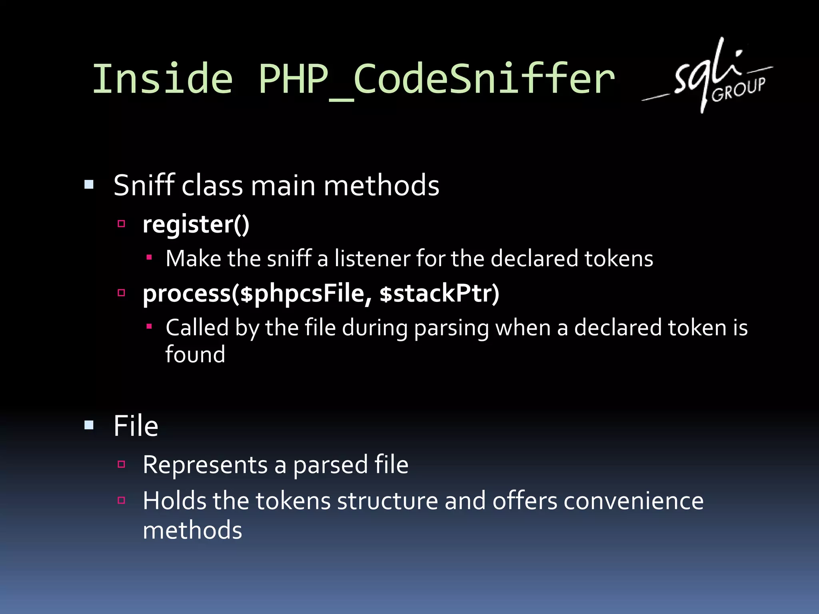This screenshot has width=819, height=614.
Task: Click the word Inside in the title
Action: coord(162,79)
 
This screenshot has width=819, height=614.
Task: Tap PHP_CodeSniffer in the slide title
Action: coord(436,79)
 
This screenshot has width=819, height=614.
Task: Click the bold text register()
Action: coord(196,225)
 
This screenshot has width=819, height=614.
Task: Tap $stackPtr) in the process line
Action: coord(439,294)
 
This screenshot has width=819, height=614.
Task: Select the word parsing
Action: coord(451,329)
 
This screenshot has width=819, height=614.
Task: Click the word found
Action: coord(195,355)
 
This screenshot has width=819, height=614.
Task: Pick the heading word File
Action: coord(136,426)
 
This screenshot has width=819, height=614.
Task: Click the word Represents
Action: coord(205,465)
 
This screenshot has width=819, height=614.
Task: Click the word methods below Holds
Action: coord(192,530)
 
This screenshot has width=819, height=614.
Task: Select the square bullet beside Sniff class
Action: coord(89,185)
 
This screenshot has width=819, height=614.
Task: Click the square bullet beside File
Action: coord(89,425)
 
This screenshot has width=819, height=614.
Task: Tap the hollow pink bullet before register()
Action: coord(122,223)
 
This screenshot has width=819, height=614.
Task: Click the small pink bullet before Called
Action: coord(149,327)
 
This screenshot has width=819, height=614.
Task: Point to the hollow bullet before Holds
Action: coord(122,500)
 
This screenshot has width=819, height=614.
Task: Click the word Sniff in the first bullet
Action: coord(144,185)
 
